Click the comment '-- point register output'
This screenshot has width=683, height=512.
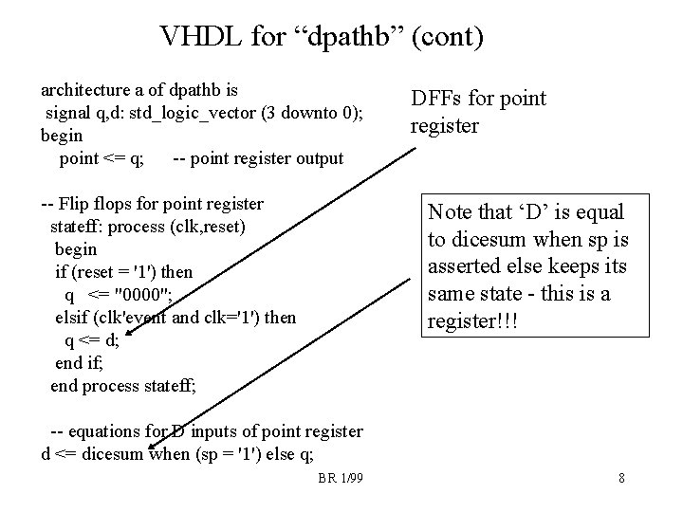click(259, 158)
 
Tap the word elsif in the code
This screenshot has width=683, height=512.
click(73, 317)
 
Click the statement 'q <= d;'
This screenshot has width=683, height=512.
click(92, 340)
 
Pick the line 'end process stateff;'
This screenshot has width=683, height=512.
click(123, 385)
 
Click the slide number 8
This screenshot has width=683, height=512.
click(620, 477)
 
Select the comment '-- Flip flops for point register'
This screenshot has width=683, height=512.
click(153, 203)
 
